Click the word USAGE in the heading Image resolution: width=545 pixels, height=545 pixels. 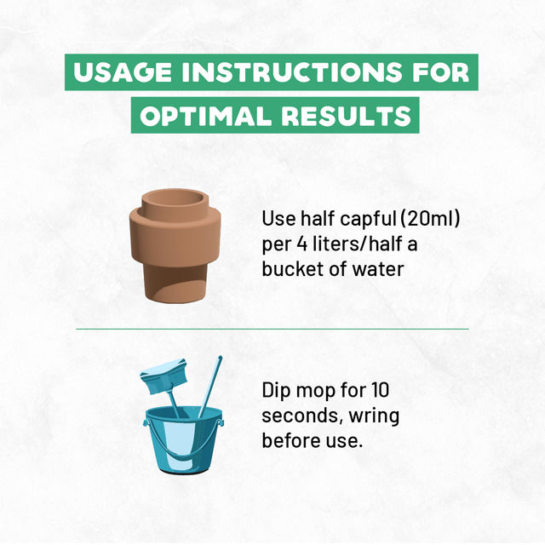pyautogui.click(x=123, y=72)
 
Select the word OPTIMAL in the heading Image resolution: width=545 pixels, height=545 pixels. pyautogui.click(x=205, y=116)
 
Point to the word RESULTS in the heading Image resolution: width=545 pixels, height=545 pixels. pyautogui.click(x=347, y=116)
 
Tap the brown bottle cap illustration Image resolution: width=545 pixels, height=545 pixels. pyautogui.click(x=175, y=245)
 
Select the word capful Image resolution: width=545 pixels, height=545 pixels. pyautogui.click(x=368, y=220)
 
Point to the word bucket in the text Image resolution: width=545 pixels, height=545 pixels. pyautogui.click(x=293, y=269)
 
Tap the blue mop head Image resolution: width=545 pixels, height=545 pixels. pyautogui.click(x=164, y=376)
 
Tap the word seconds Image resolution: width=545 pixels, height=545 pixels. pyautogui.click(x=303, y=416)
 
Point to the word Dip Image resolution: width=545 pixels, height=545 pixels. pyautogui.click(x=276, y=391)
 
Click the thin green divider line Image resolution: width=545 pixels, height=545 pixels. pyautogui.click(x=272, y=329)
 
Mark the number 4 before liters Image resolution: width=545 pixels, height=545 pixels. pyautogui.click(x=301, y=244)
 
